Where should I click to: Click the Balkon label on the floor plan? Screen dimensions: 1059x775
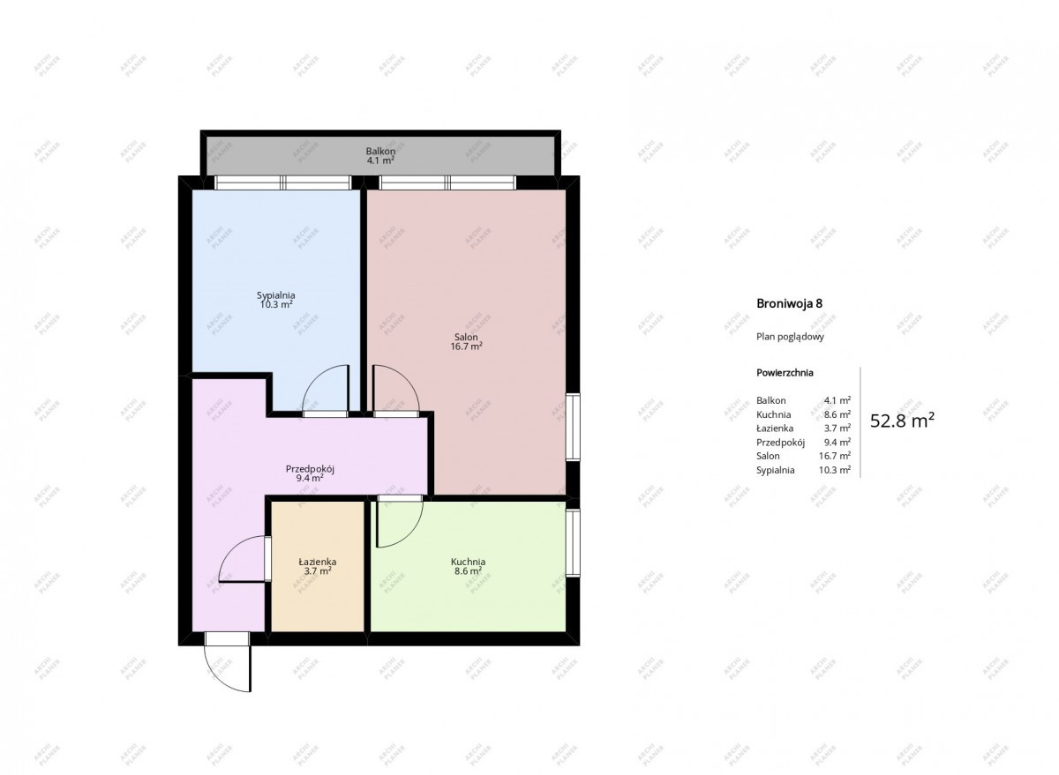[x=380, y=151]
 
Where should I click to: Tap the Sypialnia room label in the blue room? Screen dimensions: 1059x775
[x=276, y=295]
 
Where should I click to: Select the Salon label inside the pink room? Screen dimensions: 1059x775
[x=466, y=337]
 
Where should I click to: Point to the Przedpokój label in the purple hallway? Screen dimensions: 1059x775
[x=310, y=469]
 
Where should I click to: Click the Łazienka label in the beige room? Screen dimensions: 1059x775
[x=318, y=562]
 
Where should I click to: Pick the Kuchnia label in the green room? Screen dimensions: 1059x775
[x=468, y=562]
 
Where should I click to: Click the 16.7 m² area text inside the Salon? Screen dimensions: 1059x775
[x=466, y=347]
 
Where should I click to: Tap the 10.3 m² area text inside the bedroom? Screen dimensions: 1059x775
[x=276, y=304]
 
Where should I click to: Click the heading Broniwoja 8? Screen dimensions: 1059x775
[x=790, y=303]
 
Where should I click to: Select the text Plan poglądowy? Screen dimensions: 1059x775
[x=790, y=337]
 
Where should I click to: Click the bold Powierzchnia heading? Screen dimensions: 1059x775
[x=785, y=373]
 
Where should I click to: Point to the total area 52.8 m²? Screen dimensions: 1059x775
[x=903, y=421]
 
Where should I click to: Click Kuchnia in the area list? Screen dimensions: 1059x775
[x=773, y=414]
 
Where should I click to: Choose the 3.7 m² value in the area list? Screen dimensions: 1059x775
[x=837, y=428]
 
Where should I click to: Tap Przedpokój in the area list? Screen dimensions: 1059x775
[x=780, y=443]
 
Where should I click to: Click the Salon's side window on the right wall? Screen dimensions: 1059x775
[x=573, y=427]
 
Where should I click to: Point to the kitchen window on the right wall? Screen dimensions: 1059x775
[x=573, y=542]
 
